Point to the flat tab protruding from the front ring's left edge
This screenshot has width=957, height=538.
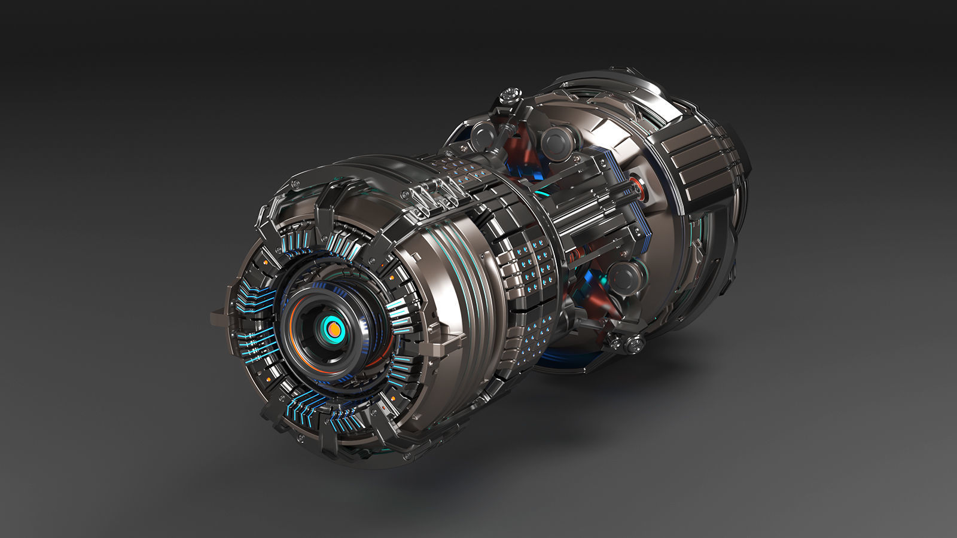(218, 317)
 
